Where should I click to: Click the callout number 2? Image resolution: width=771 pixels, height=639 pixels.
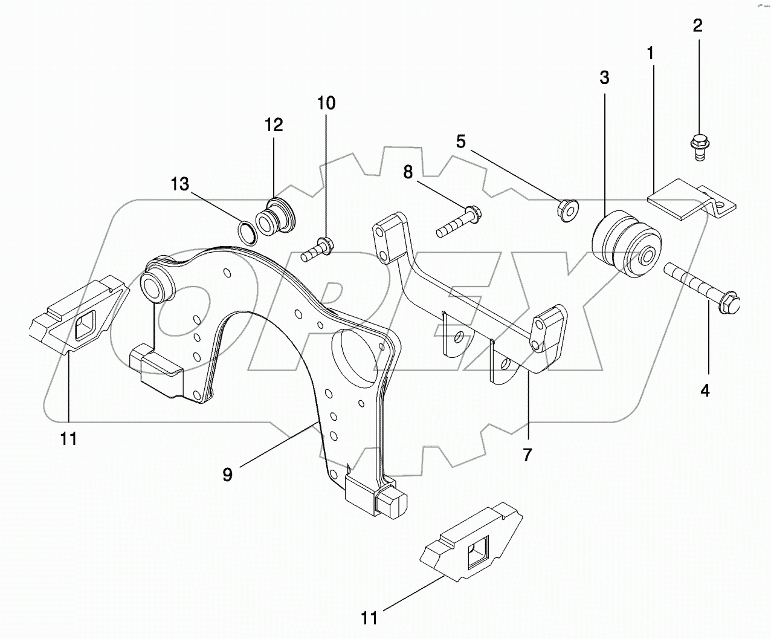click(x=698, y=26)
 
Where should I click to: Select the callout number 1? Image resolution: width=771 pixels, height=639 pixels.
click(x=650, y=54)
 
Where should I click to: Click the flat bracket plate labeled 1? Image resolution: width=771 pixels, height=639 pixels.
click(x=680, y=198)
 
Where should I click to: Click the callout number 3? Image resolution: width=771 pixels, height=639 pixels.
click(x=604, y=77)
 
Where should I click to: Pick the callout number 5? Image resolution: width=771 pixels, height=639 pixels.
click(x=460, y=142)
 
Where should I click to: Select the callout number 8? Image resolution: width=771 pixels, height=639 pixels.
click(x=408, y=172)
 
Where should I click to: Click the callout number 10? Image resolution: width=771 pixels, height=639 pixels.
click(x=326, y=103)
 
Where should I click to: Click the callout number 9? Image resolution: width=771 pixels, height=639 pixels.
click(x=227, y=475)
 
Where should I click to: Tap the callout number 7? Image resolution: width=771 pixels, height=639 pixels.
click(x=527, y=454)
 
